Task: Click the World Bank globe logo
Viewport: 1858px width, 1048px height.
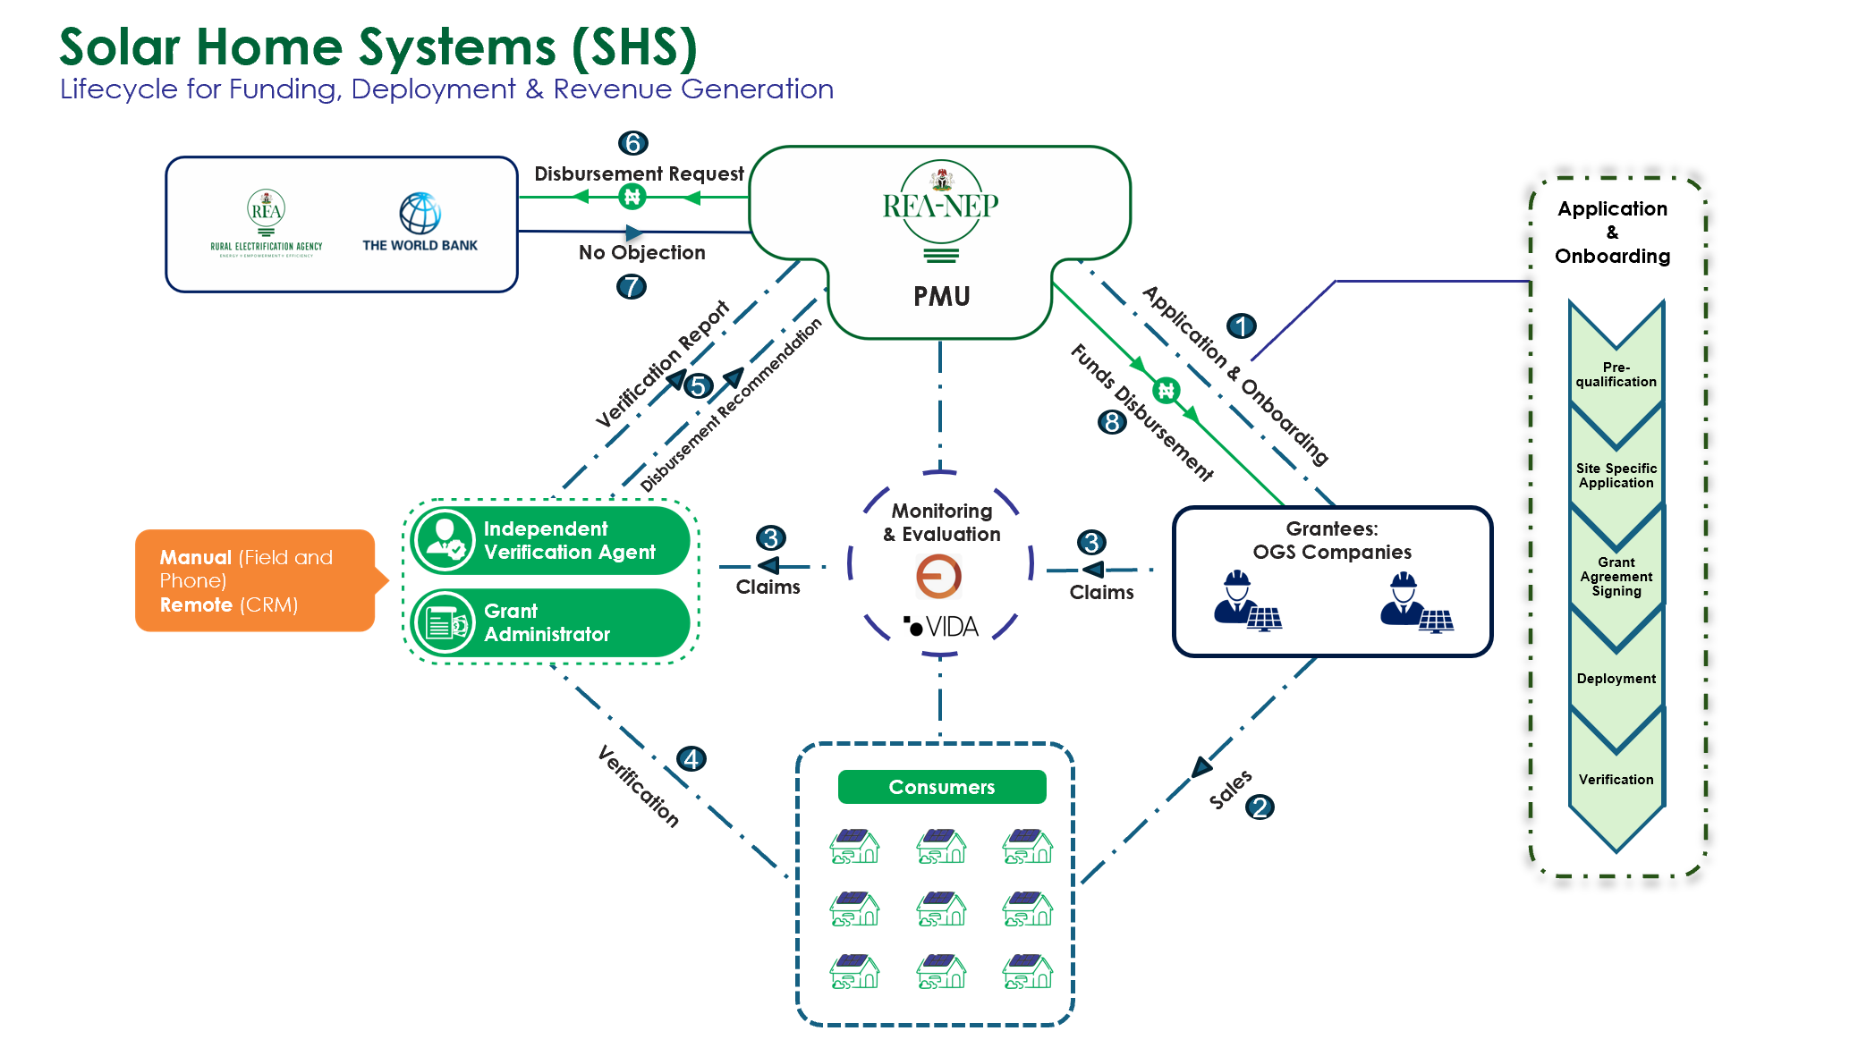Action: coord(420,213)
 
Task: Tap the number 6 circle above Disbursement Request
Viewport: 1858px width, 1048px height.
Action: coord(632,143)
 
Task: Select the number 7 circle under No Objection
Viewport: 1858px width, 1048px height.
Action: coord(632,287)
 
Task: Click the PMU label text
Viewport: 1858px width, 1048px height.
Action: coord(941,296)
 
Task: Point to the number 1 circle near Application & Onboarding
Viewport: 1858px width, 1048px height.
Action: coord(1241,326)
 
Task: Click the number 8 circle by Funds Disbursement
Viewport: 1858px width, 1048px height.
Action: coord(1112,422)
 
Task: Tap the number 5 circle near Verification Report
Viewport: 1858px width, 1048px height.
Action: coord(698,386)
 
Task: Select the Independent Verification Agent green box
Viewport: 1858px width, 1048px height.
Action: coord(550,540)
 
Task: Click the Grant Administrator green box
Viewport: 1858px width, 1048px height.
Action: coord(550,622)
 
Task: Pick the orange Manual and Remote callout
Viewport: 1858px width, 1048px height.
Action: coord(255,580)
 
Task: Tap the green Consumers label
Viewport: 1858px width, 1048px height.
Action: coord(941,787)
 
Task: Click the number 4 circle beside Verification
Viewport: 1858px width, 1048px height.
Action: coord(691,759)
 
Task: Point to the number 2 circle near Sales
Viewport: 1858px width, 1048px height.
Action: coord(1260,807)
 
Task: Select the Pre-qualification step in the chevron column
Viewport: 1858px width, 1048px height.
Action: coord(1616,375)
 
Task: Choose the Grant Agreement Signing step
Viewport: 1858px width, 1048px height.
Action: coord(1616,577)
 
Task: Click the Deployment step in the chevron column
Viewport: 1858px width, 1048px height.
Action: coord(1616,679)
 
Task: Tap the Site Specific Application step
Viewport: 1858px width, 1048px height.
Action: coord(1616,476)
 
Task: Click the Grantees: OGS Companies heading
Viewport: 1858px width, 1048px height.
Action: coord(1331,540)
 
